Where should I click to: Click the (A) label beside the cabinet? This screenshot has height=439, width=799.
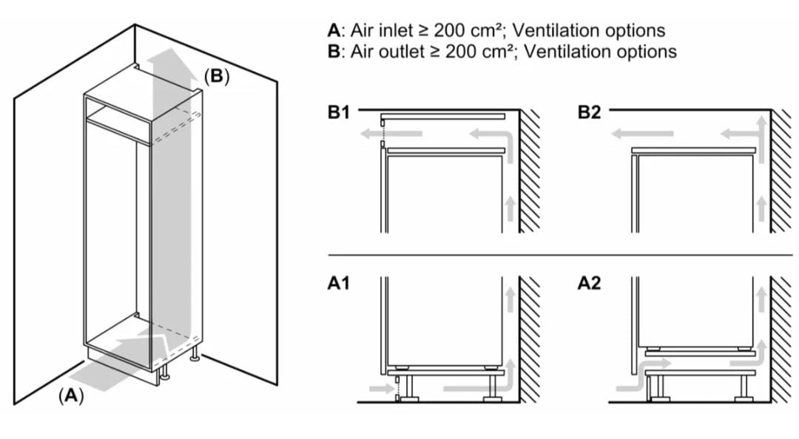(x=70, y=395)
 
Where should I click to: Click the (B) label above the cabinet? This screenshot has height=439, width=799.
(x=216, y=75)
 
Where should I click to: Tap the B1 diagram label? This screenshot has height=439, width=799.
(x=339, y=113)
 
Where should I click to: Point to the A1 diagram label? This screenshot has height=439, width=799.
(x=339, y=283)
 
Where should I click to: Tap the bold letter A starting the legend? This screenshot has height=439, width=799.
(x=333, y=31)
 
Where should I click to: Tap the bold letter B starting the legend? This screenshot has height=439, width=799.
(x=333, y=52)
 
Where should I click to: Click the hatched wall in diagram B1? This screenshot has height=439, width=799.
(x=529, y=170)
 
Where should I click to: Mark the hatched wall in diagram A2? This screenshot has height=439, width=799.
(x=781, y=340)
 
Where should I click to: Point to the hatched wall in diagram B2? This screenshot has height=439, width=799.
(x=781, y=170)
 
